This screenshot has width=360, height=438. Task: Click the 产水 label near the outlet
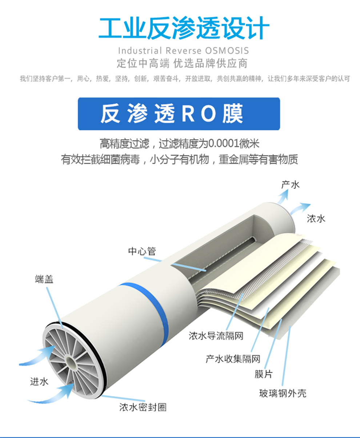pyautogui.click(x=290, y=184)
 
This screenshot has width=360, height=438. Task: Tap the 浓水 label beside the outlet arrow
pyautogui.click(x=316, y=219)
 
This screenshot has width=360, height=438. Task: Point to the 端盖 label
pyautogui.click(x=44, y=279)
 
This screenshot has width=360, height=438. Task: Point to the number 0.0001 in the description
pyautogui.click(x=222, y=144)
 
